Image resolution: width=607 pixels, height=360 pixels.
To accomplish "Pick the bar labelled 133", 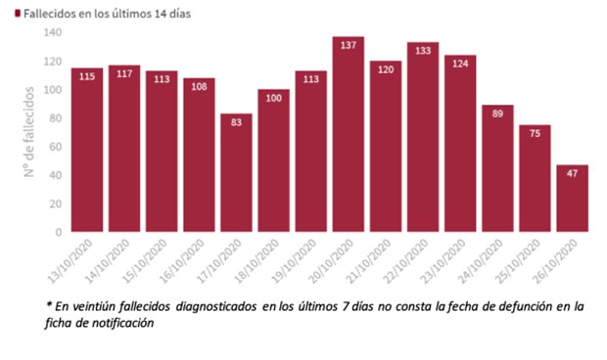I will (423, 137).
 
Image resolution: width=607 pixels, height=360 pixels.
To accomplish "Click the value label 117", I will (124, 74).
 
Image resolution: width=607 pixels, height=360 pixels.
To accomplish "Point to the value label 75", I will (535, 134).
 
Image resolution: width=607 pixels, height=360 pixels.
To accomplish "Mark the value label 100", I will (273, 98).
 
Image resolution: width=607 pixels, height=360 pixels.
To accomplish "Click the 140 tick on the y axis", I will (52, 32).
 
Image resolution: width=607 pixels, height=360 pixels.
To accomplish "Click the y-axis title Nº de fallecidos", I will (30, 133).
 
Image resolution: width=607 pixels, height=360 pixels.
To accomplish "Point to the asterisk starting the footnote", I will (48, 305).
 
